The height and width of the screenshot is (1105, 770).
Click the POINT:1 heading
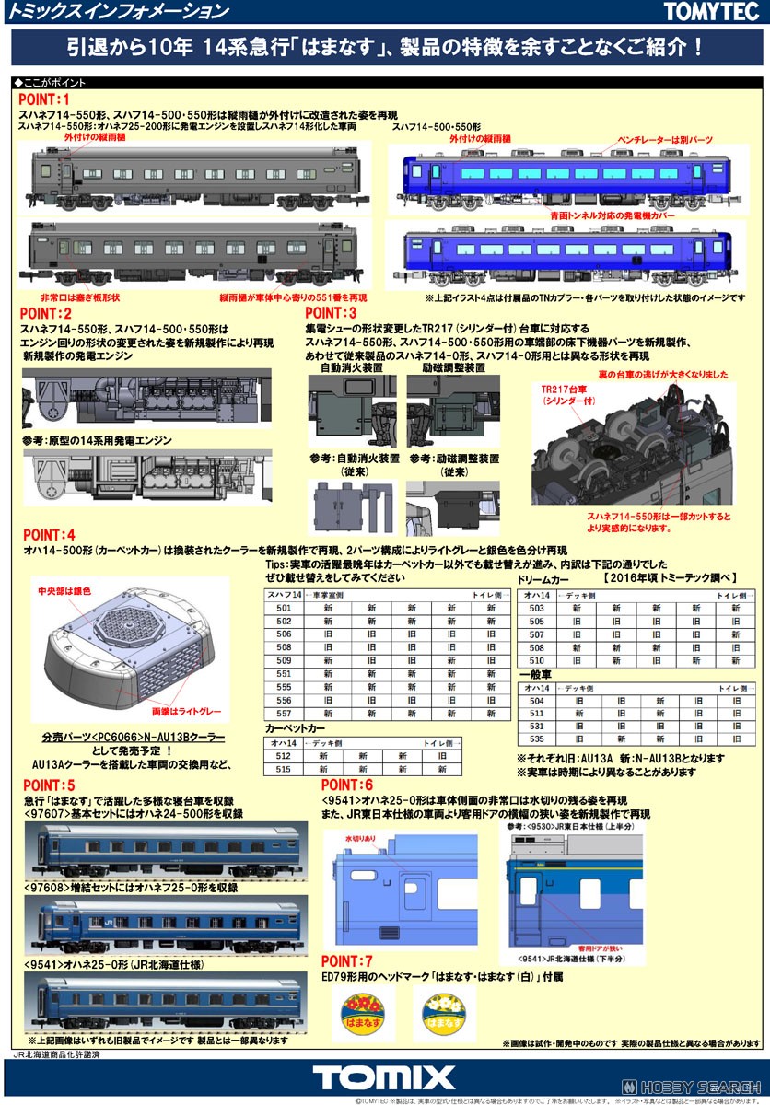click(44, 99)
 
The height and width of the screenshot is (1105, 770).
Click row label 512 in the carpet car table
click(283, 755)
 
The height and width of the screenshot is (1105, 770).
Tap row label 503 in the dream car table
click(536, 608)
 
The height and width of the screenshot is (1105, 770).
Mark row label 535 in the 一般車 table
click(536, 739)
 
